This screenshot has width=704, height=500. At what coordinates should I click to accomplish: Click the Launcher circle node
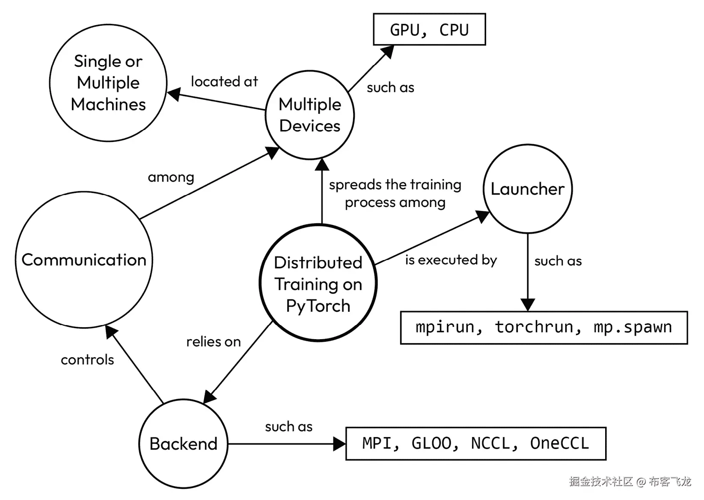527,189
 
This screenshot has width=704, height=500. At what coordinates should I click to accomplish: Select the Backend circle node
183,444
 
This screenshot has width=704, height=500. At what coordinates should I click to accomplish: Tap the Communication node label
84,260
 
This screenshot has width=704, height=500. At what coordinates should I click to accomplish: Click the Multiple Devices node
310,115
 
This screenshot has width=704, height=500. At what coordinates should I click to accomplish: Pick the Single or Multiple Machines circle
108,83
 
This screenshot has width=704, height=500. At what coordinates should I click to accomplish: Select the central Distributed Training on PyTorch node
318,284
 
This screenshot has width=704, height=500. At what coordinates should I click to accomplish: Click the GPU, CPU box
429,30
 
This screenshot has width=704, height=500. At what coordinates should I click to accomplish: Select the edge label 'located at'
224,81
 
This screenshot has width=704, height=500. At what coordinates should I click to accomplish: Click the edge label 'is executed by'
451,260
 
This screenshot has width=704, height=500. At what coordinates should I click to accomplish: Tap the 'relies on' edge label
213,341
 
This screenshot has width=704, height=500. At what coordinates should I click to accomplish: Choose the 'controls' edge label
87,360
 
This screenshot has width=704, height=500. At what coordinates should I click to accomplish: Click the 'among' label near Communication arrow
171,177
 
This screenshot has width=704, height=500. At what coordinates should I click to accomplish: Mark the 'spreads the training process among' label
395,193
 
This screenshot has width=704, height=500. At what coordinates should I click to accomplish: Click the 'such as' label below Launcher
558,260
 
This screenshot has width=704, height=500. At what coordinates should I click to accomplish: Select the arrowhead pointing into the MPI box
339,444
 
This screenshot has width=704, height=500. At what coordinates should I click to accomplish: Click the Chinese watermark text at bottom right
630,482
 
